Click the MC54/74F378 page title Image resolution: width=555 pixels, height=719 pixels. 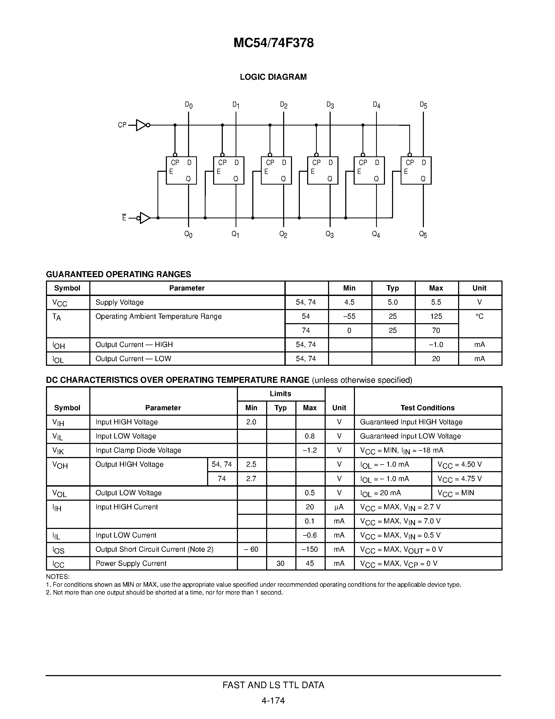(273, 43)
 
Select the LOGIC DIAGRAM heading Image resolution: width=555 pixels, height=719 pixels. (273, 77)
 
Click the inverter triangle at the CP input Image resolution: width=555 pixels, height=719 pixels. (141, 125)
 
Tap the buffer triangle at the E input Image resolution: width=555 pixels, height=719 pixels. (145, 218)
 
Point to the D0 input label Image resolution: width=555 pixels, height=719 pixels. (188, 105)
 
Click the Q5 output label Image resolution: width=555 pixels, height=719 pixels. (423, 235)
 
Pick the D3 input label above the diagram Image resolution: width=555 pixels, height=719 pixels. (330, 105)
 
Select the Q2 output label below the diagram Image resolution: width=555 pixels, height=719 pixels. (283, 235)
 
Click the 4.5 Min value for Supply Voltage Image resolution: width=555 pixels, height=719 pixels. (349, 302)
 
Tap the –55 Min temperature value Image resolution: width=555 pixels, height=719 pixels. (349, 316)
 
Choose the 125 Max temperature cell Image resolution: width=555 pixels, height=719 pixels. (436, 316)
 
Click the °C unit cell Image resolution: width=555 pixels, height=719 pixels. (479, 316)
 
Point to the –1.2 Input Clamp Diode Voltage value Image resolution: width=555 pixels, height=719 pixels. (310, 450)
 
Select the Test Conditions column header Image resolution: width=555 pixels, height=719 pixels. (428, 408)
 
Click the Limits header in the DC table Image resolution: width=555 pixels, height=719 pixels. (281, 394)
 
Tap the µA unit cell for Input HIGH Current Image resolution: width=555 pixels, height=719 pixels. (339, 507)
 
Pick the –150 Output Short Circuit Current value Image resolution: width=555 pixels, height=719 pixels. (310, 550)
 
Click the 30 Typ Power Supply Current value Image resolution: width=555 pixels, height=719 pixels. (281, 564)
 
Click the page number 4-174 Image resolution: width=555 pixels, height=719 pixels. (273, 700)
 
